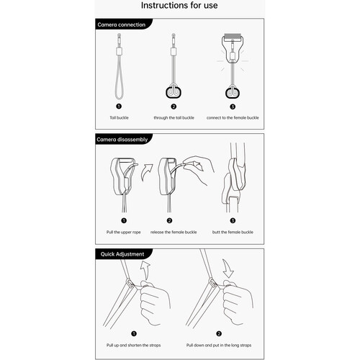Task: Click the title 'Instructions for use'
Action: click(x=179, y=5)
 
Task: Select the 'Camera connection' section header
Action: click(x=122, y=24)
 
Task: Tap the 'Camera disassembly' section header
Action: click(x=122, y=140)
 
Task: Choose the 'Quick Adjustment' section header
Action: click(x=122, y=254)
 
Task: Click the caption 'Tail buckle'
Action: click(x=119, y=117)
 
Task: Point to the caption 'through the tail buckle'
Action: click(x=174, y=117)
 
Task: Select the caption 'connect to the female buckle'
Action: click(x=233, y=117)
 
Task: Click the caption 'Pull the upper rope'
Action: click(x=124, y=232)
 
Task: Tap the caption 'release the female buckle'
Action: click(x=174, y=232)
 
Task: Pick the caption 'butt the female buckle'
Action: click(x=233, y=232)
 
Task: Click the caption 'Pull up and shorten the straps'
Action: click(x=134, y=345)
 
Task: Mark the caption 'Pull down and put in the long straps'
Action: click(x=219, y=345)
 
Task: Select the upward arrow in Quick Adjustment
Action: click(x=146, y=270)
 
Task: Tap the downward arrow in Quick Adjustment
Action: click(x=228, y=269)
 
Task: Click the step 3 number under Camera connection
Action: click(x=233, y=107)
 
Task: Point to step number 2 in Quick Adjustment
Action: click(x=219, y=333)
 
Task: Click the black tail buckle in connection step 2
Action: click(x=174, y=92)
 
